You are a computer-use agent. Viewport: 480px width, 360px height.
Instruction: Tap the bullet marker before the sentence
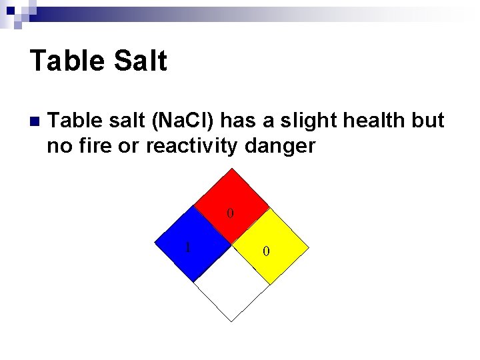point(34,122)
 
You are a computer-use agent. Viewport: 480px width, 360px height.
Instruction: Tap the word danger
point(281,146)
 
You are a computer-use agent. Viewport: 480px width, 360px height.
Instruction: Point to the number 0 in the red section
point(230,214)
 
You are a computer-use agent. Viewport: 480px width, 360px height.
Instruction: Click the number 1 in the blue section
point(188,247)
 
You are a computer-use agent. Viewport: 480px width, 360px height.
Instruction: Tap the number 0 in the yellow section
point(266,251)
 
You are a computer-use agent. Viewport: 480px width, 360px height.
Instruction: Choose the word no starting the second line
point(58,146)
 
